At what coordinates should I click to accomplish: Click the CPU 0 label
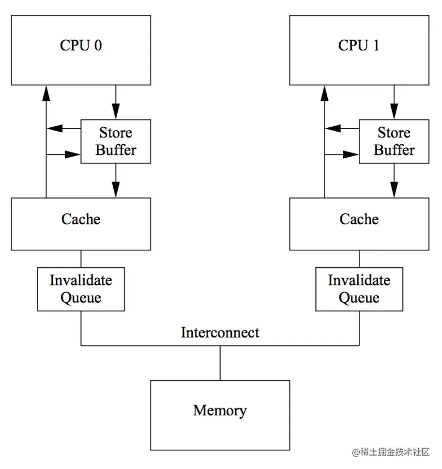tap(81, 45)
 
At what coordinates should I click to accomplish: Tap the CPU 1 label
tap(359, 45)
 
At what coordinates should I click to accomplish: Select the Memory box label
tap(220, 410)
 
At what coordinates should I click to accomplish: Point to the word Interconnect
tap(220, 333)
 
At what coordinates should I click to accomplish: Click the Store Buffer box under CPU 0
tap(116, 141)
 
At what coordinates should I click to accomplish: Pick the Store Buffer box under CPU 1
tap(394, 141)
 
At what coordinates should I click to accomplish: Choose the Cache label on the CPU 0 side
tap(81, 219)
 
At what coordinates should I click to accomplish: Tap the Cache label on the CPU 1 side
tap(359, 219)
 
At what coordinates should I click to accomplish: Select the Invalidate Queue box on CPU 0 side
tap(81, 289)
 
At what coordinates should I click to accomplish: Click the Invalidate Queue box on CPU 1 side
tap(359, 289)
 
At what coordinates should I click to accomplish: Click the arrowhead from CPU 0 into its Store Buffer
tap(116, 111)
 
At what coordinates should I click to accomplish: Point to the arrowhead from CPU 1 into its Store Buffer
tap(394, 111)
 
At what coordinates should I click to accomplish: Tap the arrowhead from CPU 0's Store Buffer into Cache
tap(116, 190)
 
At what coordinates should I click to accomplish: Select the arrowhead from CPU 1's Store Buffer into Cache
tap(394, 190)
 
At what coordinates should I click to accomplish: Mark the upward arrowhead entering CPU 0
tap(46, 93)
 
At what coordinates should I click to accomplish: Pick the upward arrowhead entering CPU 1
tap(324, 93)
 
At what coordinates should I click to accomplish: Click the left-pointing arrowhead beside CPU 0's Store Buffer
tap(55, 128)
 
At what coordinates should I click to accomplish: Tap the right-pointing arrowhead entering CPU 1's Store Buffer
tap(351, 154)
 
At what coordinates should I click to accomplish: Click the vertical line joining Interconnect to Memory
tap(220, 363)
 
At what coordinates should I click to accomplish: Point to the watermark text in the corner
tap(391, 452)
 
